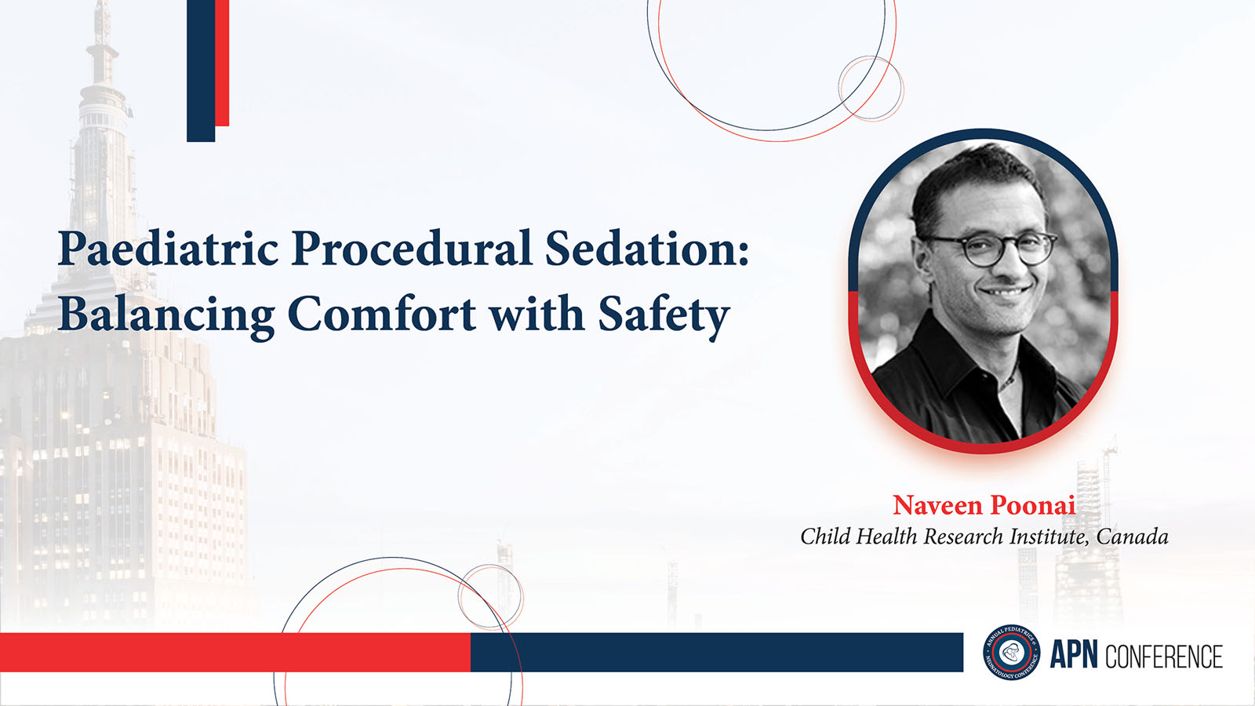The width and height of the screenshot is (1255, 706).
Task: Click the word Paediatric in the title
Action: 168,249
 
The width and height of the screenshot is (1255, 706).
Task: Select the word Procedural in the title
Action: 411,247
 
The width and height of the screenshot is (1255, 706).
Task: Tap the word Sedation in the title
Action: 647,247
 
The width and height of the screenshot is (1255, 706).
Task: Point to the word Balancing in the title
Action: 166,315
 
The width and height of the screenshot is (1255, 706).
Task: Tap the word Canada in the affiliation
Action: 1133,537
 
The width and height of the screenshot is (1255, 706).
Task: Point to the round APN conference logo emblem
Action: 1011,652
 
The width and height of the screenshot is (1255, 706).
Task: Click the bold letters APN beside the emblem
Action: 1074,655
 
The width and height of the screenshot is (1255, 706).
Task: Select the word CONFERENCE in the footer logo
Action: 1164,656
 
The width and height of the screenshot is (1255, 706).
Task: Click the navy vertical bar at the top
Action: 201,71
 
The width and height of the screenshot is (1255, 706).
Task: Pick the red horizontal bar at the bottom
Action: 235,652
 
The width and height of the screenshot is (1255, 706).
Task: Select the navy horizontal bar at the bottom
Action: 717,652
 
